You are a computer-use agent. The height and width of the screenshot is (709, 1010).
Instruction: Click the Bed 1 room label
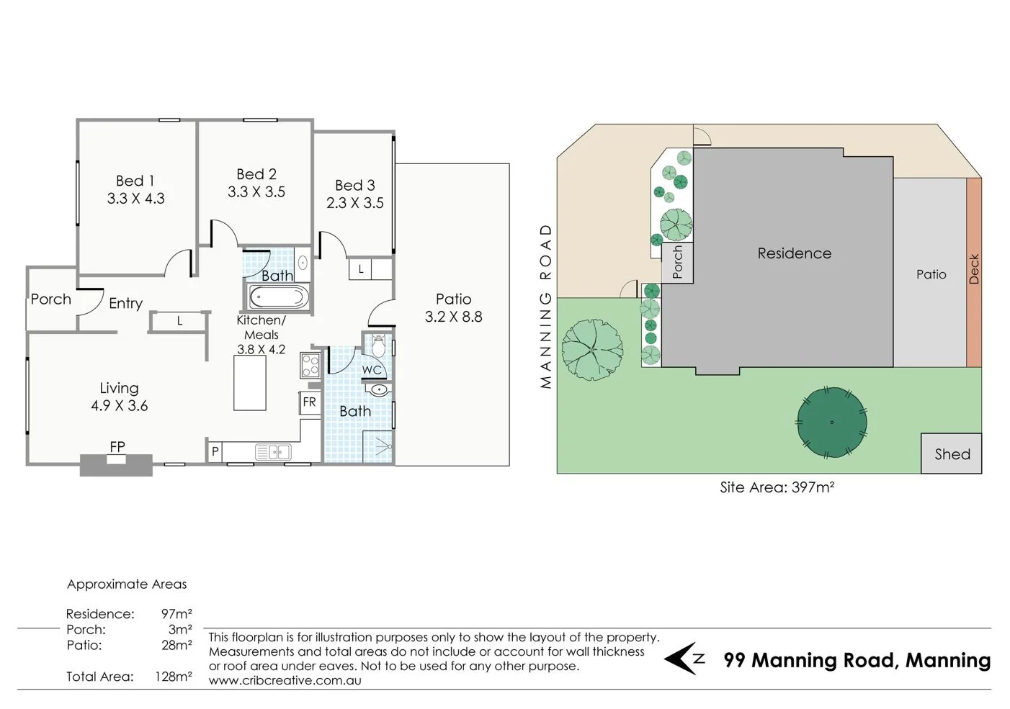(135, 181)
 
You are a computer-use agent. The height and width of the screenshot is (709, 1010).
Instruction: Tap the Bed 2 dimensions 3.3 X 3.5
(256, 192)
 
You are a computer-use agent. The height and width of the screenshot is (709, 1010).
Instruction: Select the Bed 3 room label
(354, 186)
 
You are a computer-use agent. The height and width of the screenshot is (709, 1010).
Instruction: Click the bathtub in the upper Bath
(278, 297)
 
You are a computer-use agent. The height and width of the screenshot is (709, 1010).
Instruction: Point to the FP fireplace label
(117, 447)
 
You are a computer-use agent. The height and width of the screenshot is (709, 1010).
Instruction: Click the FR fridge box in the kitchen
(309, 402)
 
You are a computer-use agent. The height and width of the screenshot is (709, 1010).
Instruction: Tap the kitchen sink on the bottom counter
(273, 452)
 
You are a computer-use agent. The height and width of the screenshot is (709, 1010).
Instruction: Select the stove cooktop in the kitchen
(310, 366)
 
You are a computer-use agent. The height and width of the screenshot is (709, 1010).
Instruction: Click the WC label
(372, 370)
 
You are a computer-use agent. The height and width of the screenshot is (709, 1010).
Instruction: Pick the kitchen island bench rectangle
(250, 383)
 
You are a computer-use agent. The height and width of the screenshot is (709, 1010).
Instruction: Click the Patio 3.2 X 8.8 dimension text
(453, 317)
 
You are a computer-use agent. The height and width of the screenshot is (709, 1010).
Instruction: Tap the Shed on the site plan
(952, 453)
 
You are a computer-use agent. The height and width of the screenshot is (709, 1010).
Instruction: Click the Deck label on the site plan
(974, 269)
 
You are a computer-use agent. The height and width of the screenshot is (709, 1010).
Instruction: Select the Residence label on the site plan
(794, 253)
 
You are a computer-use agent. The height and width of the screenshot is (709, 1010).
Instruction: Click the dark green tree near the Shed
(831, 422)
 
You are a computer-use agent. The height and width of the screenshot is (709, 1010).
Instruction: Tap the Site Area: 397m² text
(777, 487)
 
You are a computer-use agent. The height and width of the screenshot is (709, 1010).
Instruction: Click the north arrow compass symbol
(684, 659)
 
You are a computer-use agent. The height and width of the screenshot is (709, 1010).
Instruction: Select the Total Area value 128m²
(173, 677)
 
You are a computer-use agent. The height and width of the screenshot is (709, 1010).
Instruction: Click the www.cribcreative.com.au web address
(285, 680)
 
